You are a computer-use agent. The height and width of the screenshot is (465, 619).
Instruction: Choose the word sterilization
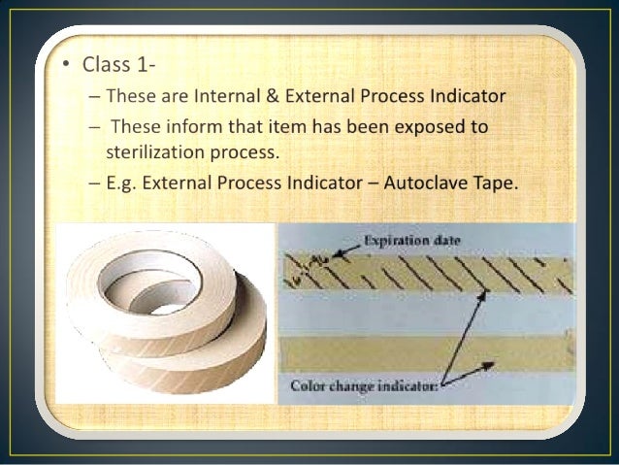tap(153, 151)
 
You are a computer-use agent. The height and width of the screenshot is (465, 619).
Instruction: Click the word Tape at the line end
tap(499, 183)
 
